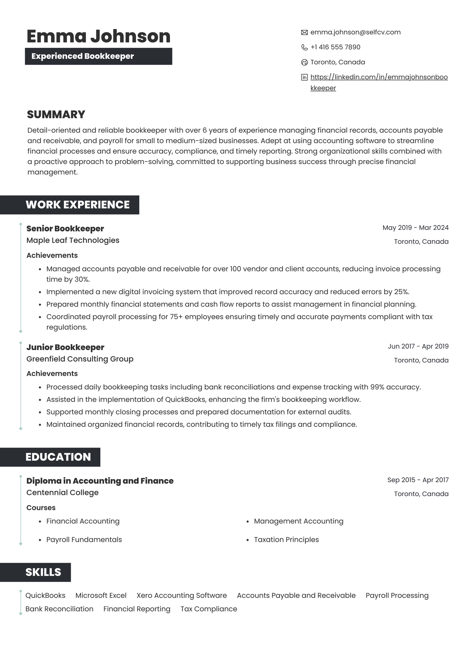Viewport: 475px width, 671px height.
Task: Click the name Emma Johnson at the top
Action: point(99,36)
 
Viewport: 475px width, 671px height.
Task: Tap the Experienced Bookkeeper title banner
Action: point(98,56)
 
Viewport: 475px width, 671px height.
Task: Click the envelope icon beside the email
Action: point(304,32)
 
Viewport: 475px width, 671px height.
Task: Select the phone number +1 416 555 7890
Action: point(335,47)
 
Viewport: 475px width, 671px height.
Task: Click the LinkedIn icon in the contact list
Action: point(304,77)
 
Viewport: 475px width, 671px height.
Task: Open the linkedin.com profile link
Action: point(379,77)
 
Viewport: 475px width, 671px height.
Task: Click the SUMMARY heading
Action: point(56,114)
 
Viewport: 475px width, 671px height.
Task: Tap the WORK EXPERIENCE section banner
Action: point(77,205)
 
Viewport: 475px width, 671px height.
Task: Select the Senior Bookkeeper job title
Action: point(65,229)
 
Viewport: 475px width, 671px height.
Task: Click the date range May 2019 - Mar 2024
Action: point(415,228)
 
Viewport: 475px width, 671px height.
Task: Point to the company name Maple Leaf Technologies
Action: point(73,240)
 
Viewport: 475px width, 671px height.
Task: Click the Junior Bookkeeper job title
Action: point(65,347)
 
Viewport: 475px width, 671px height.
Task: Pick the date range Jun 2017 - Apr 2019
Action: point(418,346)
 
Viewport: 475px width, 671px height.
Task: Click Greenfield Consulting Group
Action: point(80,359)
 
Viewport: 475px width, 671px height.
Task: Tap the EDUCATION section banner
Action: point(58,457)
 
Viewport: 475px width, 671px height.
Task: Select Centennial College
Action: point(62,493)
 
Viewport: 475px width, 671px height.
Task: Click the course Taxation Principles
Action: point(286,540)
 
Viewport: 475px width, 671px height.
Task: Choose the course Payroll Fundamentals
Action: point(84,540)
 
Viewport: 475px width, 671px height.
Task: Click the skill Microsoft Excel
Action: point(101,596)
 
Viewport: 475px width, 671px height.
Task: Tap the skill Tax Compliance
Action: point(209,609)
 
